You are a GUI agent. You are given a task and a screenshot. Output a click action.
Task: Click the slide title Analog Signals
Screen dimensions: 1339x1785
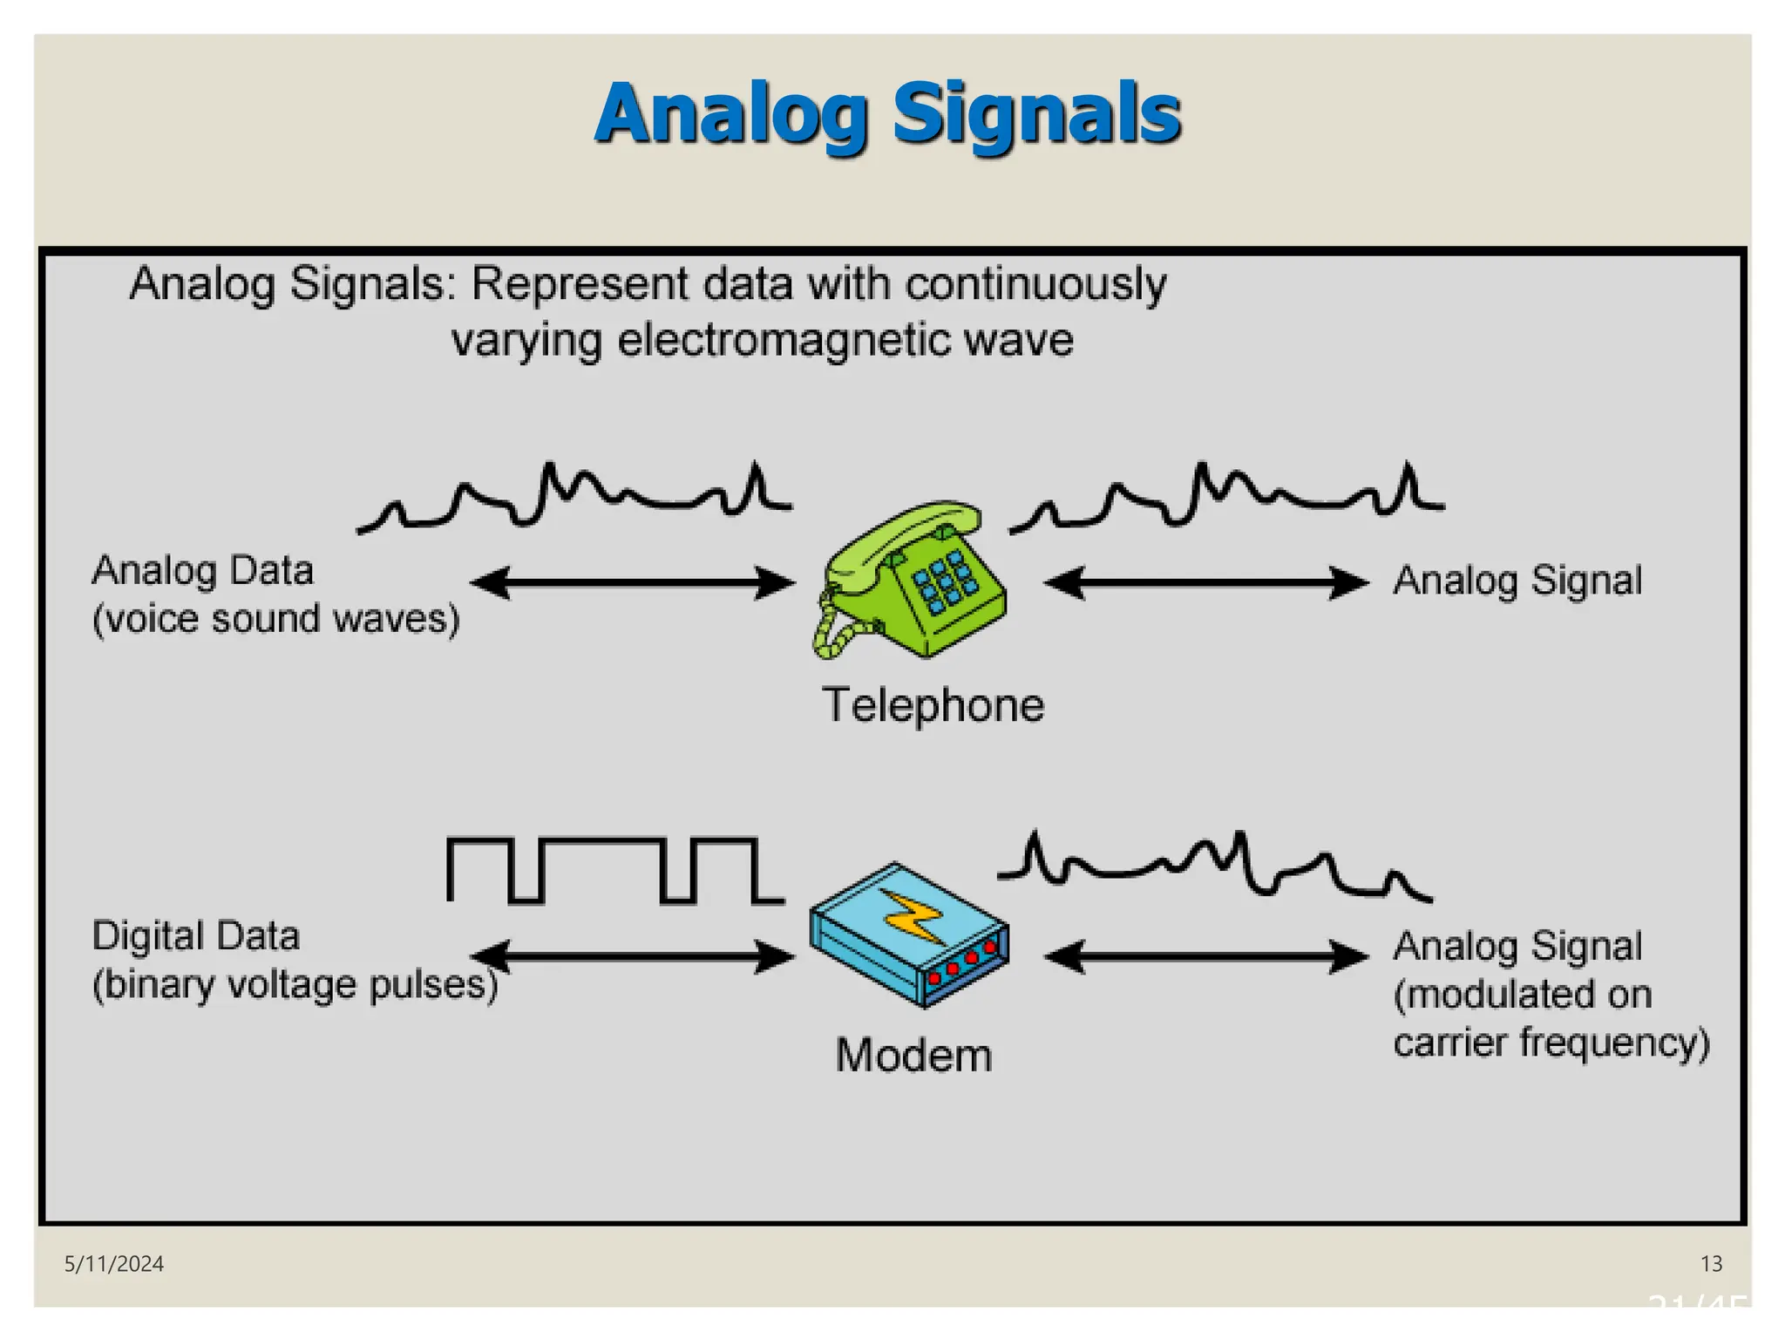pyautogui.click(x=888, y=113)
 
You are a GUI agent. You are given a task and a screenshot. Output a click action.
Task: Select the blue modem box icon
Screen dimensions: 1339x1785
pyautogui.click(x=909, y=935)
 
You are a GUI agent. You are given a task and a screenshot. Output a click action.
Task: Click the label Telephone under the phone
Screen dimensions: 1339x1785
pyautogui.click(x=933, y=705)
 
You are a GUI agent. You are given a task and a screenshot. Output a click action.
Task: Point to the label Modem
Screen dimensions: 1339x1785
pyautogui.click(x=913, y=1056)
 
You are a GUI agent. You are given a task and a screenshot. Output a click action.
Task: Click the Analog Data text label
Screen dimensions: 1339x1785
pyautogui.click(x=202, y=571)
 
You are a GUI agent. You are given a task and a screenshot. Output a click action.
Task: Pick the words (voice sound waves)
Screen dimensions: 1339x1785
pyautogui.click(x=275, y=619)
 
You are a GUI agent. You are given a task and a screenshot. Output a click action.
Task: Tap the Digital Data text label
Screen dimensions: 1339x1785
pyautogui.click(x=196, y=936)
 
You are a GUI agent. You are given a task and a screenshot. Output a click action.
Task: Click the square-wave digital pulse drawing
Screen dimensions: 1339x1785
pyautogui.click(x=614, y=870)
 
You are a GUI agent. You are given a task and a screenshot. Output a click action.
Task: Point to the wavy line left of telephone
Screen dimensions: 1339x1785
pyautogui.click(x=575, y=497)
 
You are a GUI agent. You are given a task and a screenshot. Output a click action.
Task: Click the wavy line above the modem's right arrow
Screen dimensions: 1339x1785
pyautogui.click(x=1215, y=863)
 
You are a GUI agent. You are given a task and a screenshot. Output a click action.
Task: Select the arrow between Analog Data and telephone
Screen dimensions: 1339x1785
pyautogui.click(x=633, y=583)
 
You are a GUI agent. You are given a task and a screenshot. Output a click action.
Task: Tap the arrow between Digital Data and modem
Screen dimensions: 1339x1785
pyautogui.click(x=633, y=956)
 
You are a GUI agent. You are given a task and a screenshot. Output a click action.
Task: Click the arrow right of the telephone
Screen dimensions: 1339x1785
pyautogui.click(x=1206, y=582)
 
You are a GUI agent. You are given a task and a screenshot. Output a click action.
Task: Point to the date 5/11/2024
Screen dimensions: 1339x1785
pyautogui.click(x=114, y=1264)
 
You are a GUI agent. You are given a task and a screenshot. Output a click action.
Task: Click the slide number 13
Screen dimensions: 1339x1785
pyautogui.click(x=1711, y=1264)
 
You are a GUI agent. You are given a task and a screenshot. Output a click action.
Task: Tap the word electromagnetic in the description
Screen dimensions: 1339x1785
pyautogui.click(x=784, y=340)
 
